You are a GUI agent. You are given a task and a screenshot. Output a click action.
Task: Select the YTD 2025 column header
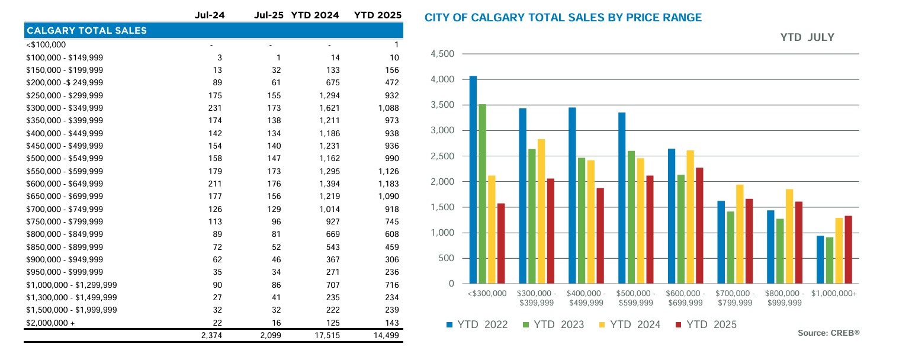pos(377,15)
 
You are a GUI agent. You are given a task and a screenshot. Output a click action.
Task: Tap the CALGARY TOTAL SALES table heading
pos(86,30)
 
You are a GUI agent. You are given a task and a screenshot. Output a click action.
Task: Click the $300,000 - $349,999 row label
pos(65,108)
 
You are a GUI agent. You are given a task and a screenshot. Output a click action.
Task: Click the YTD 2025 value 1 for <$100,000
pos(396,44)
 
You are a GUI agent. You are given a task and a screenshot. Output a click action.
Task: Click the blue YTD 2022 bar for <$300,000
pos(473,180)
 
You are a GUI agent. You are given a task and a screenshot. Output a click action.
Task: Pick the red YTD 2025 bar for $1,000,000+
pos(848,250)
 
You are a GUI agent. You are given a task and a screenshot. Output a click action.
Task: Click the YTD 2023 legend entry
pos(553,324)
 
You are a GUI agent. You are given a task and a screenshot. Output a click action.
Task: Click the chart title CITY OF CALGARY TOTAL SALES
pos(563,18)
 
